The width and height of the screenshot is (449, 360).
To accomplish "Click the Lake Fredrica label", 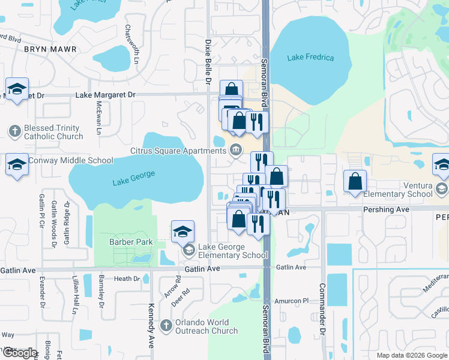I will coord(310,58).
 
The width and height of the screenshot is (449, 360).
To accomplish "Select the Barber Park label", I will coord(131,242).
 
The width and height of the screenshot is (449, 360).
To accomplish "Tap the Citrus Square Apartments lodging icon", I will coord(237,149).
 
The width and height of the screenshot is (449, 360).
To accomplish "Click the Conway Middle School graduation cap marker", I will coord(17,164).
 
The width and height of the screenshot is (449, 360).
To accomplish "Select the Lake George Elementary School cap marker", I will coord(182,231).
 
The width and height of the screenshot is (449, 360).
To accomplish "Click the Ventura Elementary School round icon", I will coord(442,189).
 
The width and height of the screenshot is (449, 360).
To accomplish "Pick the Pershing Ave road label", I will coord(386,209).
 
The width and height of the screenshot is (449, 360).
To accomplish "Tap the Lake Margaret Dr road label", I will coord(106,95).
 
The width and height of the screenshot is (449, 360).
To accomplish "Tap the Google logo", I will coord(19,353).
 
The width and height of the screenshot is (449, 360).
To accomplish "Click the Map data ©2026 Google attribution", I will coord(411,355).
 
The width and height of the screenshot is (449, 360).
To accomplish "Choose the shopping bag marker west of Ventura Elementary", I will coord(355,181).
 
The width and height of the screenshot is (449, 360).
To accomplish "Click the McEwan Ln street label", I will coord(99,117).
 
